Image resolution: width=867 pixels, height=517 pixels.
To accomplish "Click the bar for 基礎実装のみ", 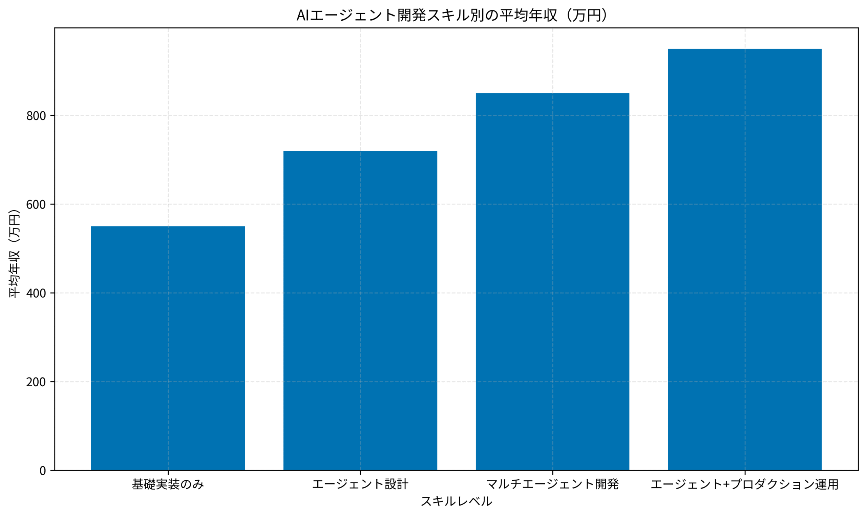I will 168,348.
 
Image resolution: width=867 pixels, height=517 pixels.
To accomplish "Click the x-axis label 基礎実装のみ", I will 168,484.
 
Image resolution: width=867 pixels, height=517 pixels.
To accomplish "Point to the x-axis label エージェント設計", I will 360,484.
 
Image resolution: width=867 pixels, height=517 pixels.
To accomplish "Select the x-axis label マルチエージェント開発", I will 552,484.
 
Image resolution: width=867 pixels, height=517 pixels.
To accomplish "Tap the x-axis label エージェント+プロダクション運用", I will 745,484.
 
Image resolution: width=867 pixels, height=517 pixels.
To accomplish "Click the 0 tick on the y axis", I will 43,471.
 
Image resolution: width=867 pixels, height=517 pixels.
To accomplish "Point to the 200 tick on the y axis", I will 36,382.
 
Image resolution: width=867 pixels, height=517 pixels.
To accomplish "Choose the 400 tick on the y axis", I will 36,293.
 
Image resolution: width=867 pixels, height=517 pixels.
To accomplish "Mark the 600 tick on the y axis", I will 36,204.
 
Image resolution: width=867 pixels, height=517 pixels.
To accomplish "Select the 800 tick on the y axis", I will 36,116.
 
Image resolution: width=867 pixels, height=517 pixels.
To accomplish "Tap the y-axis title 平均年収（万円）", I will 14,253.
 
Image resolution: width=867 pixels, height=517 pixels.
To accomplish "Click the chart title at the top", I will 452,15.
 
